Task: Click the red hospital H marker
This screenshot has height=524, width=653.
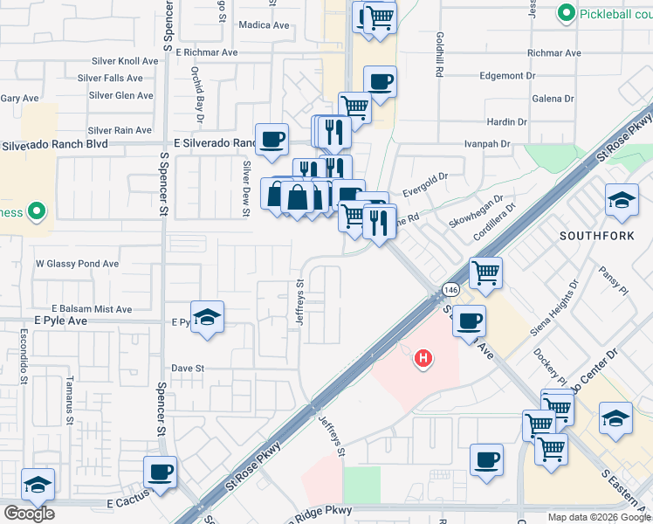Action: point(423,358)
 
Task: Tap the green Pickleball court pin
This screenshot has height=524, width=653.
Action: point(567,13)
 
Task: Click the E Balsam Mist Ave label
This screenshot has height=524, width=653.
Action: point(92,309)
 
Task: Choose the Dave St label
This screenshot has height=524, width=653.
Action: point(188,369)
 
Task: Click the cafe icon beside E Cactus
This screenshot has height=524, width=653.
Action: point(160,472)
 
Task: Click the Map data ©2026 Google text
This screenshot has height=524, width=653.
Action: point(599,517)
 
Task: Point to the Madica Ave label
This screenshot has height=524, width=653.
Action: point(264,25)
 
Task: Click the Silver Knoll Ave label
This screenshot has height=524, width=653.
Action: point(126,61)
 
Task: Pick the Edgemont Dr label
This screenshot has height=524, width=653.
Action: point(506,76)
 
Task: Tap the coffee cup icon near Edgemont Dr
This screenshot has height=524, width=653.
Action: point(380,82)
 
